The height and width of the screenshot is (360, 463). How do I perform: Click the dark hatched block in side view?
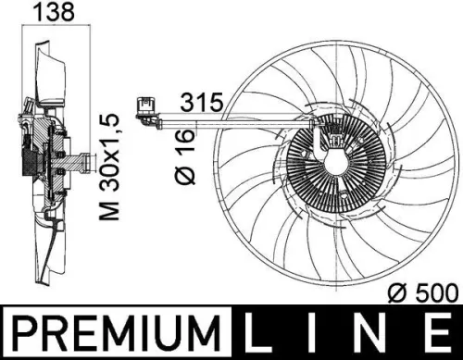[35, 163]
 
